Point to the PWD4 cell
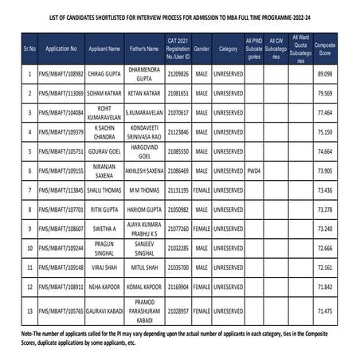(254, 170)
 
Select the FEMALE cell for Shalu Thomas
(201, 190)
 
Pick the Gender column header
(201, 47)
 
